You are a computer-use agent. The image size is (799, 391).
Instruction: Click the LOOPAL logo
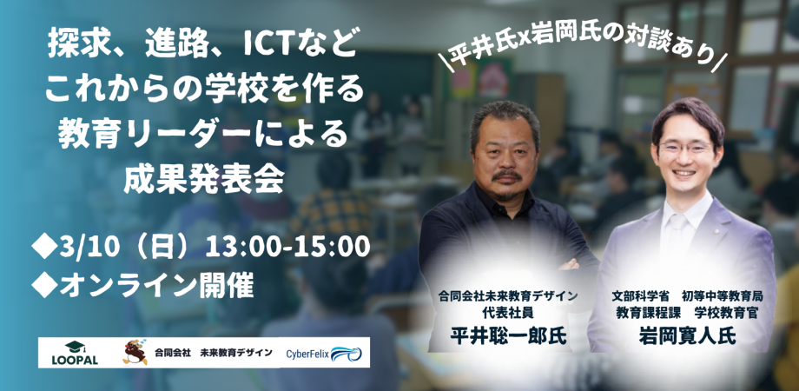pos(75,353)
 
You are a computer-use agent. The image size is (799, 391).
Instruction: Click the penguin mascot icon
pos(135,352)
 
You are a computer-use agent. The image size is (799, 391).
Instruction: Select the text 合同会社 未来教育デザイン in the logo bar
pos(214,353)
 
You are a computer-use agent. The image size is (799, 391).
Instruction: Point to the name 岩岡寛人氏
pos(687,336)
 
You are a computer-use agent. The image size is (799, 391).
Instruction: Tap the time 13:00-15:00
pos(287,248)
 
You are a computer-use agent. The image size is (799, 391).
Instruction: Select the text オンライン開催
pos(156,286)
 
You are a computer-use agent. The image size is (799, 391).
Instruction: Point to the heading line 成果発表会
pos(204,181)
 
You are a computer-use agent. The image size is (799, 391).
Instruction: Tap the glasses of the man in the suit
pos(685,149)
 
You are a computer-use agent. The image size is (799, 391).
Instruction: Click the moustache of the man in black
pos(506,176)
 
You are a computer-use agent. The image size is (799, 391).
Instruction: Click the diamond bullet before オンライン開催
pos(44,286)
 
